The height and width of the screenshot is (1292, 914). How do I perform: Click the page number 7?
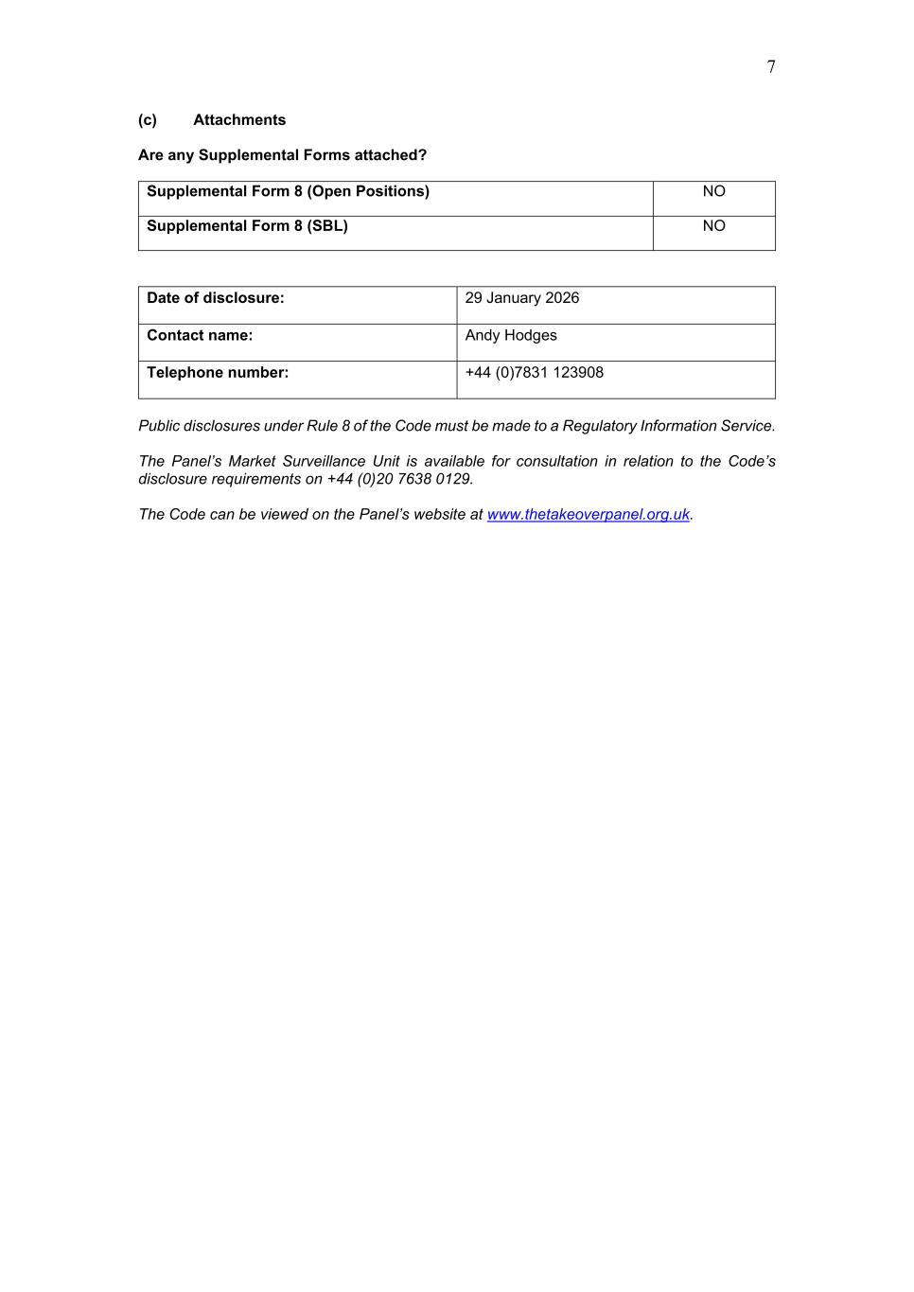click(771, 67)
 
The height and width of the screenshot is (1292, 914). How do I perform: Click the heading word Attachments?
click(239, 120)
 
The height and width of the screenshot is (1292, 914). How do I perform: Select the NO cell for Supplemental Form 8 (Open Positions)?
click(713, 191)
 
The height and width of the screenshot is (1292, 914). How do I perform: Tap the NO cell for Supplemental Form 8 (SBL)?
click(713, 226)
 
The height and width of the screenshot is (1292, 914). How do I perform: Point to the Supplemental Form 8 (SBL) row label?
click(247, 226)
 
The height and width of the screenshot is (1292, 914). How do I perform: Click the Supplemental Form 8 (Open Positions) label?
click(288, 191)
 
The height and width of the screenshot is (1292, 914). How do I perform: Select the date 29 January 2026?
click(522, 298)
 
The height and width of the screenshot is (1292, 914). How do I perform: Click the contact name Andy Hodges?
click(511, 336)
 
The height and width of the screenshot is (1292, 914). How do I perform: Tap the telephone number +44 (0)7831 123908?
click(535, 373)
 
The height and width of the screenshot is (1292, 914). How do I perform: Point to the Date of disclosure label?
click(216, 298)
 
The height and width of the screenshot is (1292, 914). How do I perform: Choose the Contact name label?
click(200, 336)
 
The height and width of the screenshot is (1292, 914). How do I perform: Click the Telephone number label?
click(218, 373)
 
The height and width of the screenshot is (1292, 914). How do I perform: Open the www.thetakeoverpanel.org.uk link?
click(589, 515)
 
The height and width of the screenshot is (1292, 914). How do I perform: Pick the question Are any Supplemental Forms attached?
click(283, 155)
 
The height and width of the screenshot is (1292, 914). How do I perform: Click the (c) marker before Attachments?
click(148, 120)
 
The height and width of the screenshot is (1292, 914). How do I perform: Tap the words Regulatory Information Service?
click(668, 426)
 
